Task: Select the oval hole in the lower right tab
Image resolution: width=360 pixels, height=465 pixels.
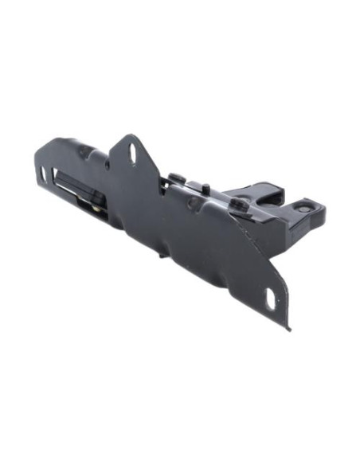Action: point(270,299)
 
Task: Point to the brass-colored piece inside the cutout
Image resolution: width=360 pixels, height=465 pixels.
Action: point(96,209)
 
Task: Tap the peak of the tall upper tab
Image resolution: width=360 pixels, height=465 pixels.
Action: point(127,137)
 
